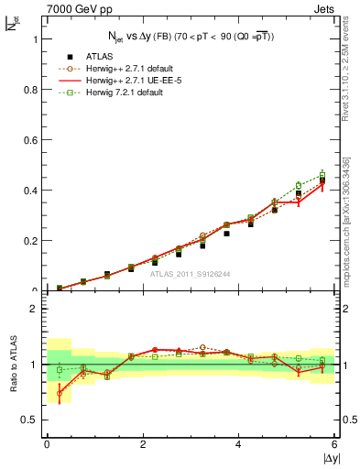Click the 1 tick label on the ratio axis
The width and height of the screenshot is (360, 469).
(x=35, y=365)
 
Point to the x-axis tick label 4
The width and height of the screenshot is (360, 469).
(x=239, y=444)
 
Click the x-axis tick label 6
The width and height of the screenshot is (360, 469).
(x=335, y=444)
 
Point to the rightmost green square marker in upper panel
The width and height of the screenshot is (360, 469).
(x=322, y=173)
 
